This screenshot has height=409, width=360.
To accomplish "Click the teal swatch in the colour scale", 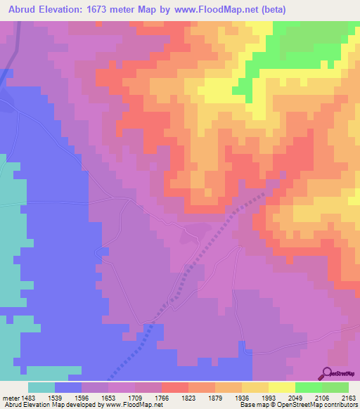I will coord(41,388).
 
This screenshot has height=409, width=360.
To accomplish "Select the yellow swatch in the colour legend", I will coord(281,388).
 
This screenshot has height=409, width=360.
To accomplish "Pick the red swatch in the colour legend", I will coord(175,388).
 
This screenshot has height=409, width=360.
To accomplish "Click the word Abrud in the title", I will coord(20,8).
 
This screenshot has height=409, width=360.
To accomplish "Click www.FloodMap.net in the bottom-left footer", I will coord(133,405).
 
